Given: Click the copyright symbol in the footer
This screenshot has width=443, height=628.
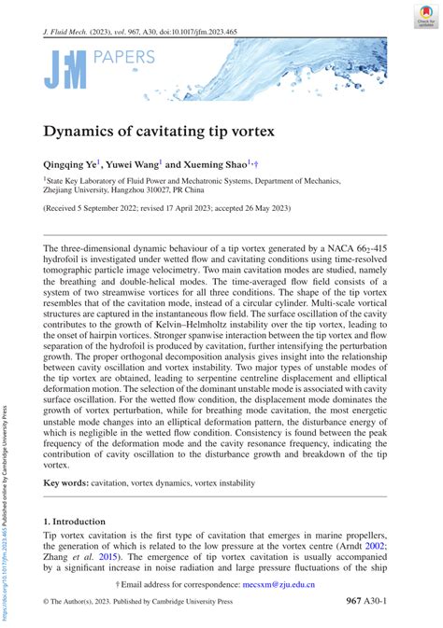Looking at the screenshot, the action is pos(48,603).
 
